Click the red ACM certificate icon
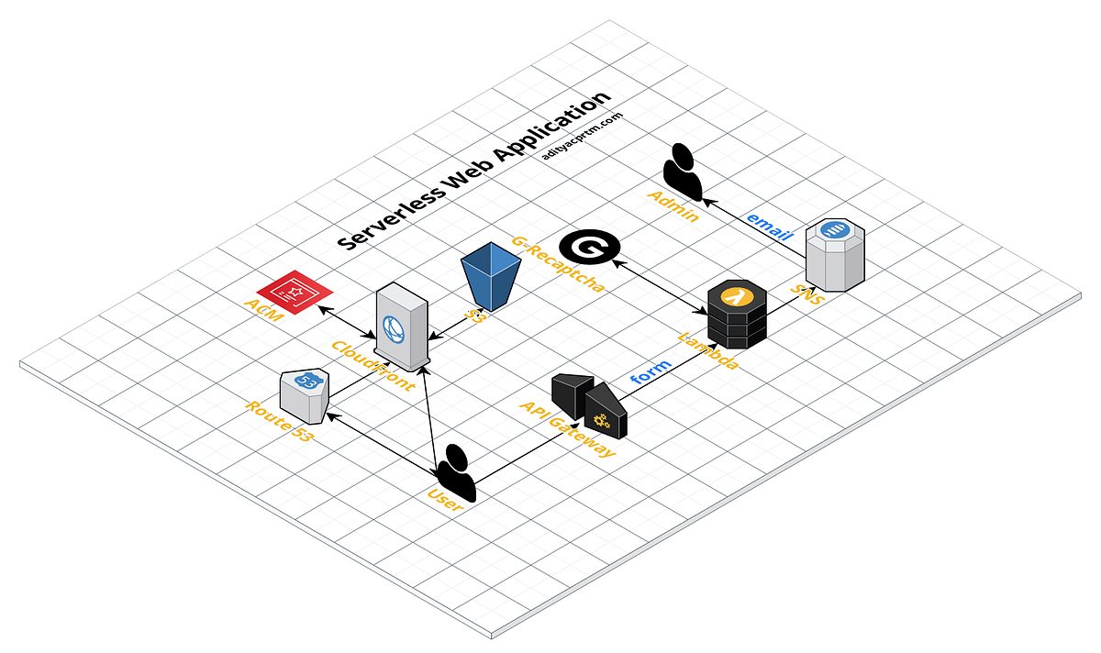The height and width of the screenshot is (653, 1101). [295, 292]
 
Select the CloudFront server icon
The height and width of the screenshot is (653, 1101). [401, 326]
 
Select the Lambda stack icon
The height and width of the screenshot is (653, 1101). [738, 314]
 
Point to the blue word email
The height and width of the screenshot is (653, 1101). [769, 224]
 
